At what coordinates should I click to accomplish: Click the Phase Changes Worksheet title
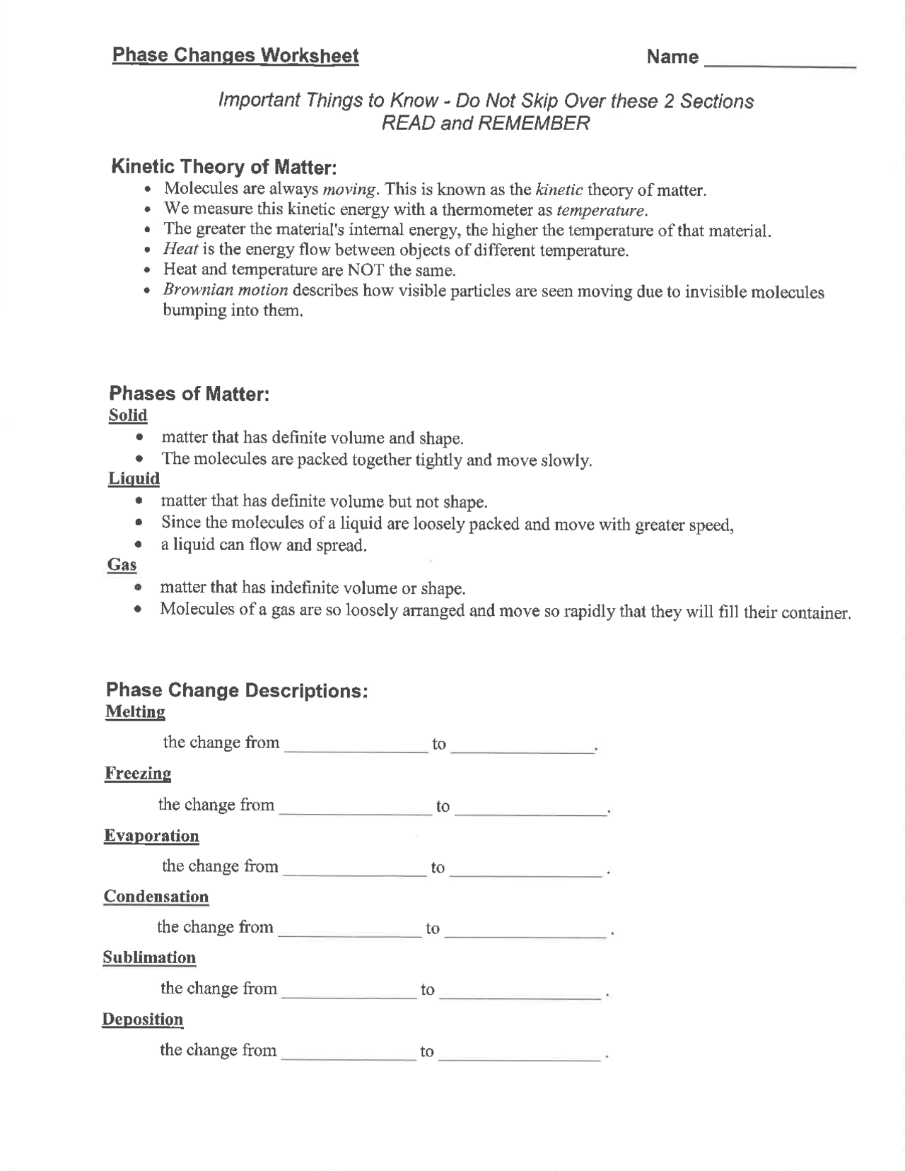pos(235,56)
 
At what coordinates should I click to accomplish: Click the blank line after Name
pos(781,60)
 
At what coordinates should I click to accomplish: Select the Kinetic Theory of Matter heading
pos(224,168)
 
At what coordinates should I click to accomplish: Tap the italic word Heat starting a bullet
pos(180,250)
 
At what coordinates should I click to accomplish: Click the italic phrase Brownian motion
pos(226,290)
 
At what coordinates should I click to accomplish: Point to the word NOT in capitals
pos(366,270)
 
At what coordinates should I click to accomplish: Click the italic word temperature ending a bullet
pos(601,211)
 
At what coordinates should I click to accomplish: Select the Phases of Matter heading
pos(189,394)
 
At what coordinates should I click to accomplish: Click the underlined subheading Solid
pos(128,415)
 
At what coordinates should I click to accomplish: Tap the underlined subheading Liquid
pos(134,479)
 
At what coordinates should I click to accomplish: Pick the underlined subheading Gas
pos(122,564)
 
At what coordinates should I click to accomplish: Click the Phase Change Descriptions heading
pos(237,690)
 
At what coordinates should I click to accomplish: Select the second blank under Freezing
pos(530,809)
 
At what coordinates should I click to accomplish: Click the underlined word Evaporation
pos(151,836)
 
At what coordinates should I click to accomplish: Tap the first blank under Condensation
pos(350,931)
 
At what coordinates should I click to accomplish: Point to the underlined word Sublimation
pos(149,957)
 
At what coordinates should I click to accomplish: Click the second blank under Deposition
pos(520,1054)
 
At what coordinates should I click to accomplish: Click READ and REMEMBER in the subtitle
pos(485,123)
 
